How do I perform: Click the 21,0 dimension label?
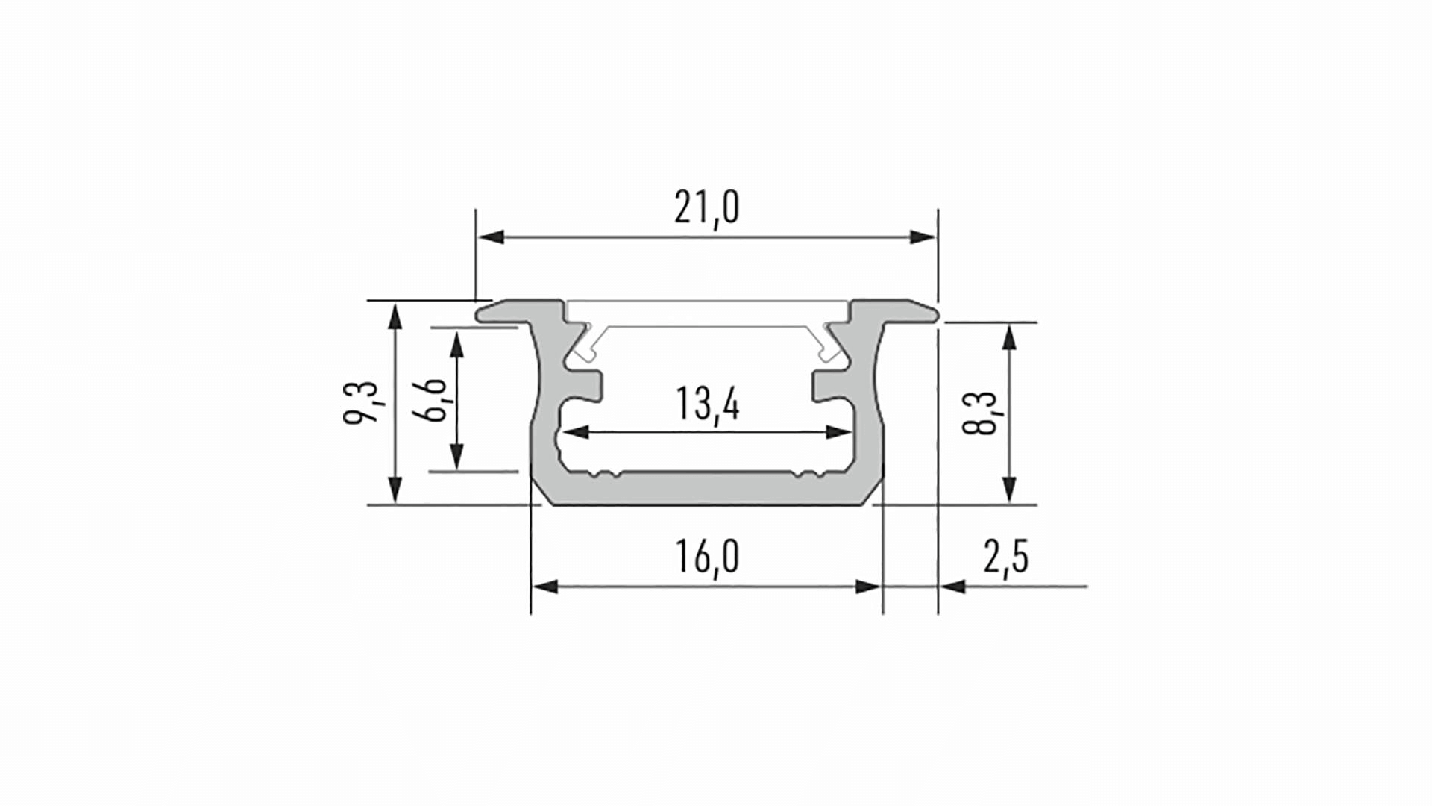click(x=707, y=207)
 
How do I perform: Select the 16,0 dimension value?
click(x=707, y=557)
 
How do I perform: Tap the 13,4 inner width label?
click(x=707, y=404)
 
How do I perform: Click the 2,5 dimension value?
click(x=1006, y=557)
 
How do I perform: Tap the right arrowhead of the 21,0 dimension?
click(x=922, y=237)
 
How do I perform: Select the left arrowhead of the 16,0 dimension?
click(x=545, y=587)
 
